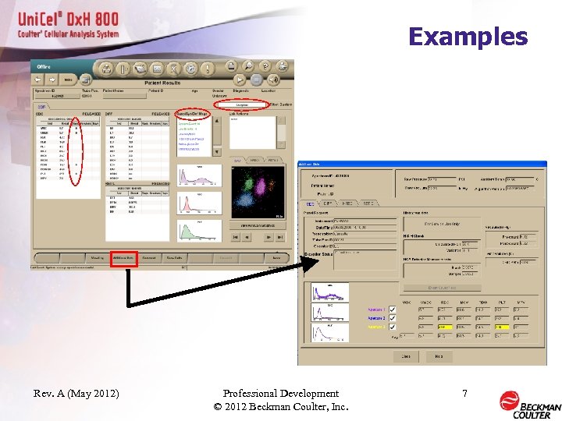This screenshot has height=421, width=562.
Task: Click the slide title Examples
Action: [x=468, y=37]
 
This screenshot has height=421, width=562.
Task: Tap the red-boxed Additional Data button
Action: [x=123, y=257]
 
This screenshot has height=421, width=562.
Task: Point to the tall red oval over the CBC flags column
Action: [x=75, y=154]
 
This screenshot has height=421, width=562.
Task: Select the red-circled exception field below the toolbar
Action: [x=242, y=104]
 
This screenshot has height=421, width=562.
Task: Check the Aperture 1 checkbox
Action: [x=392, y=309]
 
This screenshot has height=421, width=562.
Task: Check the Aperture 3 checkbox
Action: [x=392, y=327]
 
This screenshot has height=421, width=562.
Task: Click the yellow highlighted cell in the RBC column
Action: [x=444, y=327]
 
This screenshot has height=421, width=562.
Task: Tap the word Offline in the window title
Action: [x=44, y=67]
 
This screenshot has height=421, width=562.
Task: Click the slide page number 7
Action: [x=464, y=394]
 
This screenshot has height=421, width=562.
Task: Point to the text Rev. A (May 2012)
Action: [x=76, y=394]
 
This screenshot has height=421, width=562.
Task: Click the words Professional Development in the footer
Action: [x=280, y=394]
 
